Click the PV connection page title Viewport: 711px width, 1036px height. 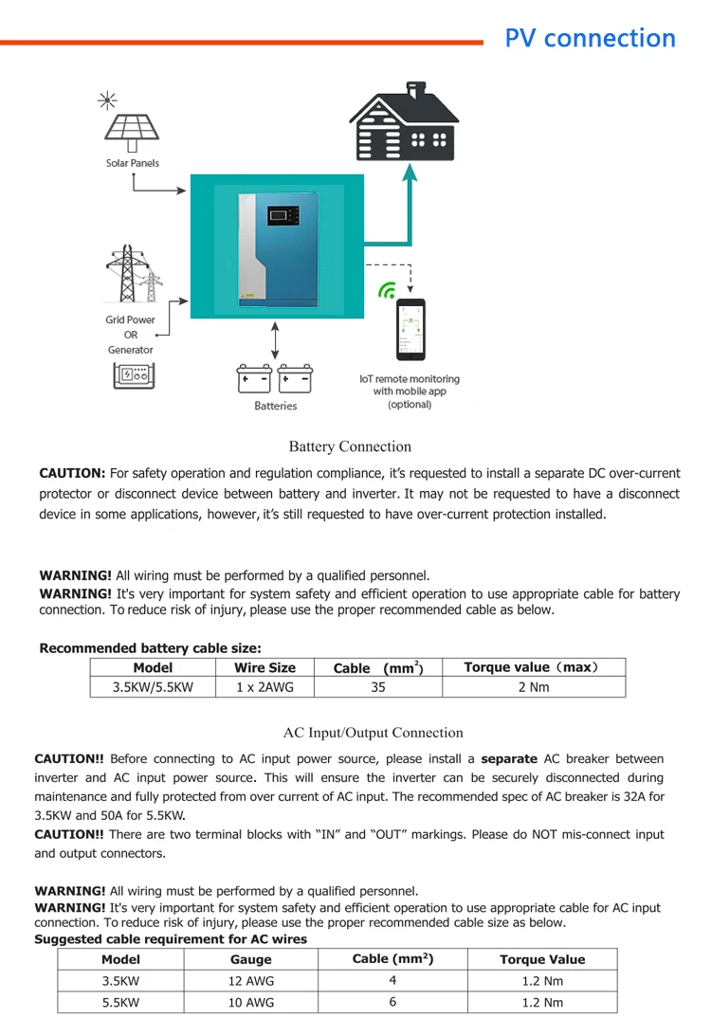(590, 38)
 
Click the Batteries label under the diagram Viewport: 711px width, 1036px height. (275, 406)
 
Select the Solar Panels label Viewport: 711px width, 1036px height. (132, 163)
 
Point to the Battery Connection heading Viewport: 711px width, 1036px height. (350, 446)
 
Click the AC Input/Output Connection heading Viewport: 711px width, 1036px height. (374, 733)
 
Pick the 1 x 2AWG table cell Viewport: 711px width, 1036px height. (265, 687)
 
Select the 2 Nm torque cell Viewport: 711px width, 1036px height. (533, 687)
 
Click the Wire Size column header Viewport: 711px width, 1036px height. (265, 667)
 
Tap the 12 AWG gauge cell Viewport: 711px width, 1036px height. (250, 981)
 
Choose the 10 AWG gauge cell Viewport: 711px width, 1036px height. (250, 1002)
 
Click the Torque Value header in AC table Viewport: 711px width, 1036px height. (542, 959)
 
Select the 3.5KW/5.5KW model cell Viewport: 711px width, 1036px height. (153, 687)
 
